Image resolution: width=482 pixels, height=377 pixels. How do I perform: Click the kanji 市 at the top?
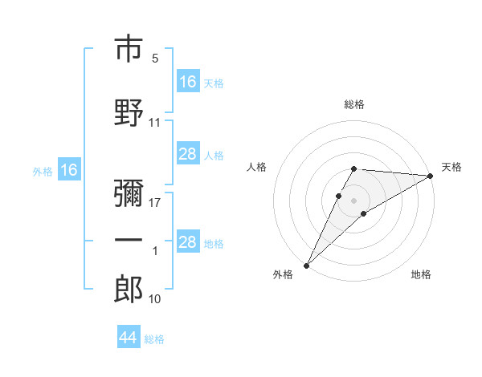129,48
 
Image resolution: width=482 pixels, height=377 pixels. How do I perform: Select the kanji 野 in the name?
129,112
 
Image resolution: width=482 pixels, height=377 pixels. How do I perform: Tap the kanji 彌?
129,193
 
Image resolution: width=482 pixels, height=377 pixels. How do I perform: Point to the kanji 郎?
129,289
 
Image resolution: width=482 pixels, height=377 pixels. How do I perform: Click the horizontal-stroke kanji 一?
129,240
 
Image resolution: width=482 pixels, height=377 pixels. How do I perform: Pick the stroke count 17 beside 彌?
154,203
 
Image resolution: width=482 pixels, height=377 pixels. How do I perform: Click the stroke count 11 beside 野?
154,123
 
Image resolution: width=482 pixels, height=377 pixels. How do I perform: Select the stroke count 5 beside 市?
155,58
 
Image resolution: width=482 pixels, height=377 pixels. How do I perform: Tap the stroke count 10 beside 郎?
154,298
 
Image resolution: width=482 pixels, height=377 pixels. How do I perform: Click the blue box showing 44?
129,336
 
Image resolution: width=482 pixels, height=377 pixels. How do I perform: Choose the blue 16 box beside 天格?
188,81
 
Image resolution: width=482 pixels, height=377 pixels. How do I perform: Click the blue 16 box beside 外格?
69,169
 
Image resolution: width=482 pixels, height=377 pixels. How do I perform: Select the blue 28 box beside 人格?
188,153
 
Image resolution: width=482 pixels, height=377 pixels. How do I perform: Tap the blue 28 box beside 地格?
188,241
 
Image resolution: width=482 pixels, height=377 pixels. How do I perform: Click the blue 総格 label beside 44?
154,339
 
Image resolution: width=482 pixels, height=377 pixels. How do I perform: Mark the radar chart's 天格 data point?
431,176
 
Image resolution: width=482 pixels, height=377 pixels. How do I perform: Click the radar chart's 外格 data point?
307,266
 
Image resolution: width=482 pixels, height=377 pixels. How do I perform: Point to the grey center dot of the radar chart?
353,201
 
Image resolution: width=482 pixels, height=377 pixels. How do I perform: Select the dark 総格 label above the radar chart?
354,104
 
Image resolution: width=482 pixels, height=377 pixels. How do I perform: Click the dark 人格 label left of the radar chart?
256,167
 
